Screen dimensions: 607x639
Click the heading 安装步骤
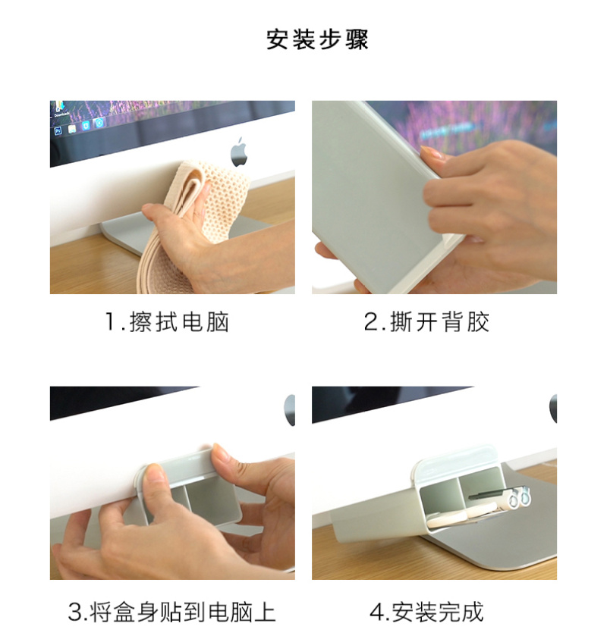point(317,39)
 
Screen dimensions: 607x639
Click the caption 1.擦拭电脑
point(167,322)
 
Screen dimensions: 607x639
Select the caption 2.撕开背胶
point(426,322)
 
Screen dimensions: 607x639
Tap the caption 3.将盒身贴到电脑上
point(171,612)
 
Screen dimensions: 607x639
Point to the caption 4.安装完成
point(426,612)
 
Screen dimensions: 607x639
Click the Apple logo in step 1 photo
point(239,152)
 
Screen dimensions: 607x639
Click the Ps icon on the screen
point(58,131)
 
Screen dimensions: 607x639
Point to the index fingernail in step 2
point(430,153)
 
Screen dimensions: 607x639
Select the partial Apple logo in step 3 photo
point(290,410)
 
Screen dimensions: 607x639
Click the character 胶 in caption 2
point(478,322)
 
